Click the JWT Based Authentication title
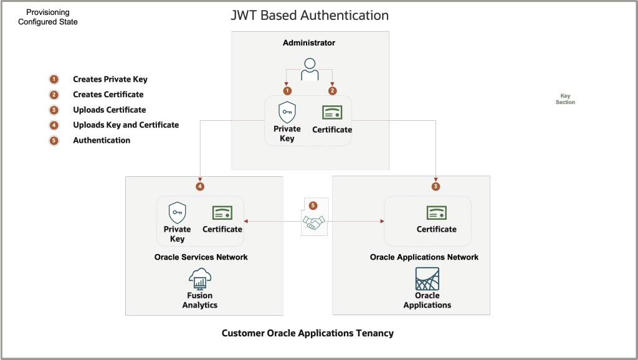[310, 15]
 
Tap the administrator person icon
[310, 69]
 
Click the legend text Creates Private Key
[110, 80]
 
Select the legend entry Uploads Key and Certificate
[125, 125]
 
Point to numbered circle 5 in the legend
[54, 140]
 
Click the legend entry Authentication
[102, 141]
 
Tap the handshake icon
[313, 222]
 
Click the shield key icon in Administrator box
[287, 113]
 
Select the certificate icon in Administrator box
[331, 113]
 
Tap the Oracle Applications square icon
[427, 278]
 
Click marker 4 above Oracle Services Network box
[199, 186]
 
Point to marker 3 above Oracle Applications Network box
[436, 186]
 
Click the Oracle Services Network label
[201, 257]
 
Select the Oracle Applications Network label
[424, 257]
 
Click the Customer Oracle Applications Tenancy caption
[308, 333]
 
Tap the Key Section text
[565, 99]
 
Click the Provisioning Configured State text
[48, 17]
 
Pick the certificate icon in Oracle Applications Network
[436, 212]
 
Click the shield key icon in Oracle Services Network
[178, 213]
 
